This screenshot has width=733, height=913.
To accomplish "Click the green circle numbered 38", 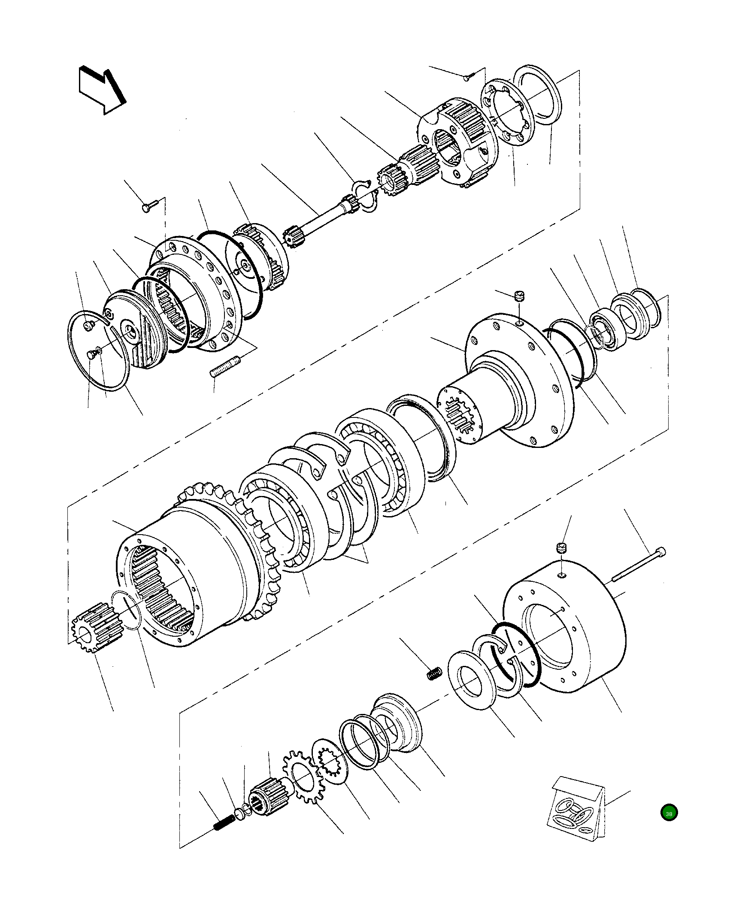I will pos(669,813).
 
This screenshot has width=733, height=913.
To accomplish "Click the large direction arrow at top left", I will pos(101,91).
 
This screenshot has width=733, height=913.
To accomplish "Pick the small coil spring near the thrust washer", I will pos(434,673).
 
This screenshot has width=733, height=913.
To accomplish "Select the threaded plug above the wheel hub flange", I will pos(520,296).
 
